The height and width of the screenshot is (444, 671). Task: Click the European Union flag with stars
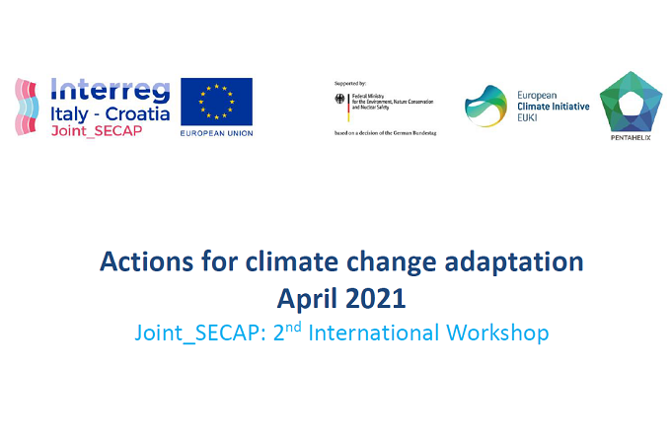pyautogui.click(x=216, y=101)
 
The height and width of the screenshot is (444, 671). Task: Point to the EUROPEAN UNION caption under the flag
pyautogui.click(x=216, y=133)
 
